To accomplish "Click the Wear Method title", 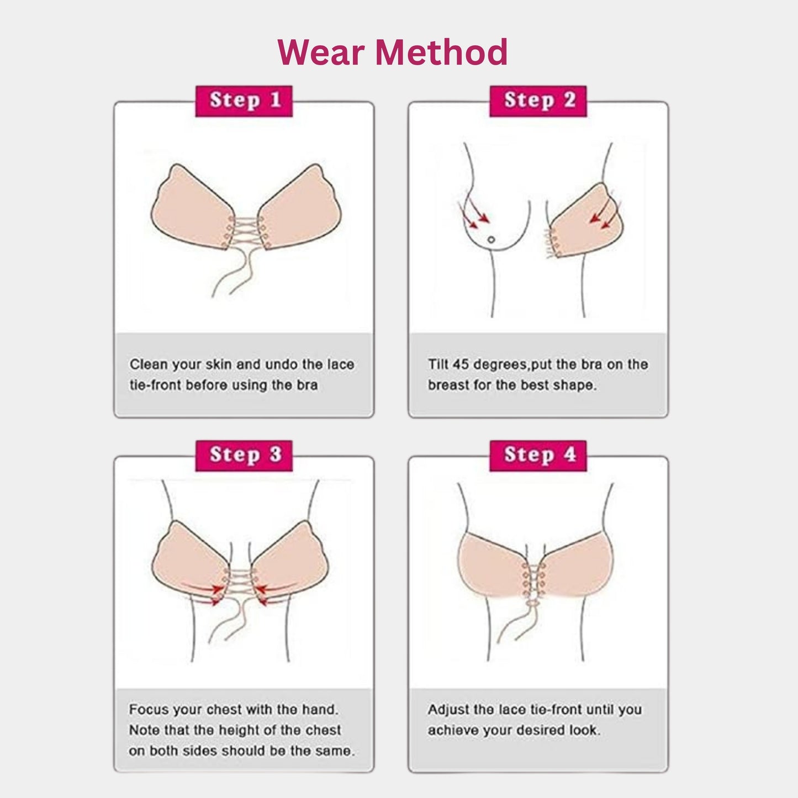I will tap(392, 52).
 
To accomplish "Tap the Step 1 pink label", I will tap(244, 101).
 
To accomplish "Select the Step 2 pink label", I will tap(538, 101).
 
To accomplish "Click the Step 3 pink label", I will tap(244, 455).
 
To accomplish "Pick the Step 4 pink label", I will tap(538, 455).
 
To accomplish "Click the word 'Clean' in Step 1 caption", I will tap(149, 364).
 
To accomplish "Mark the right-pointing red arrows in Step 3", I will tap(204, 592).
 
